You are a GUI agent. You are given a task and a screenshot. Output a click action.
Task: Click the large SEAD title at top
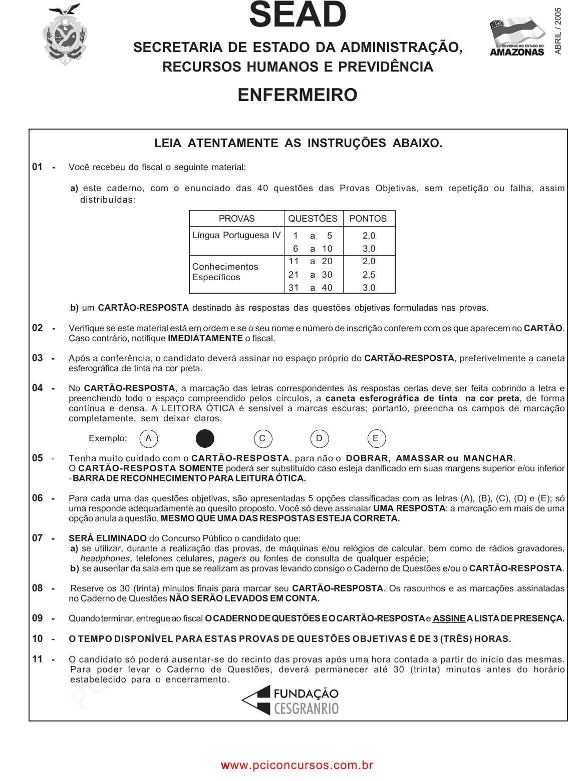click(x=298, y=15)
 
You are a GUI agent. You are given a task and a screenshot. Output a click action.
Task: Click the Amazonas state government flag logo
click(x=517, y=37)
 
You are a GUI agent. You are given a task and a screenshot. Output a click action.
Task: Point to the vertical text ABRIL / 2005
click(x=558, y=31)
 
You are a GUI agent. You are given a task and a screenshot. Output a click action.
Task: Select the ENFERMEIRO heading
click(x=298, y=95)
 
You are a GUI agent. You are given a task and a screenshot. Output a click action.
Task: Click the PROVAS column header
click(x=236, y=219)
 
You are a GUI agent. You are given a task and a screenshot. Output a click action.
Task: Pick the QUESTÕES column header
click(x=313, y=219)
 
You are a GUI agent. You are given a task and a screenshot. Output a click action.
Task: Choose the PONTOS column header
click(x=368, y=219)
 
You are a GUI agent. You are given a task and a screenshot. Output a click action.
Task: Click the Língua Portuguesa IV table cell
click(x=236, y=235)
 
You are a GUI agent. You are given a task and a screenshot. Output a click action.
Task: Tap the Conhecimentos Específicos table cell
click(x=225, y=272)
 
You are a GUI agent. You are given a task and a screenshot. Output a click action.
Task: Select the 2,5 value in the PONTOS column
click(x=369, y=275)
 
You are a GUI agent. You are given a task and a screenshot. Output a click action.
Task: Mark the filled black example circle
click(x=205, y=439)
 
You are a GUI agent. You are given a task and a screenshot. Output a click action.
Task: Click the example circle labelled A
click(x=148, y=439)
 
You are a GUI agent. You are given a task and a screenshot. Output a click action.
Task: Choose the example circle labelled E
click(x=376, y=439)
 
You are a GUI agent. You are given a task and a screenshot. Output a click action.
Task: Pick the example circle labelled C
click(x=262, y=439)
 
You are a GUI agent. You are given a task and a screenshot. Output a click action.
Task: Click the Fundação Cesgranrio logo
click(x=291, y=700)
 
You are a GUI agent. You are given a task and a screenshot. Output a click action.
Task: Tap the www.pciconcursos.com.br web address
click(x=297, y=765)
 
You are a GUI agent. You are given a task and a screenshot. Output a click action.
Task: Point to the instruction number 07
click(x=38, y=538)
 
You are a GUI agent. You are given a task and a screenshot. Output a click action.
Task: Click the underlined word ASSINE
click(x=449, y=619)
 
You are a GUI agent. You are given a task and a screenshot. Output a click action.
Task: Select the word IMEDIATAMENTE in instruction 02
click(x=205, y=339)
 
